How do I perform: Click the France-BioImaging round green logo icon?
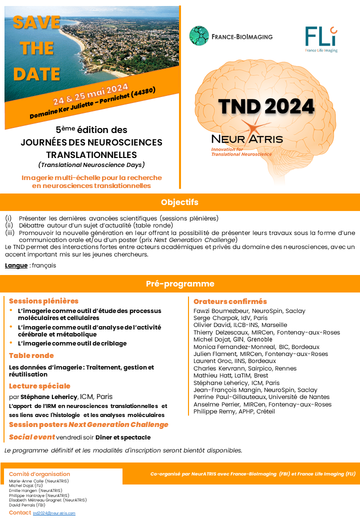(x=199, y=36)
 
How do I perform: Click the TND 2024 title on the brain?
(x=266, y=106)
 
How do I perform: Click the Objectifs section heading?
(x=180, y=202)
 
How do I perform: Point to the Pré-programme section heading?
(x=180, y=283)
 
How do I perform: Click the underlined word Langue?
(x=16, y=265)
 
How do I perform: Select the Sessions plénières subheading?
(x=43, y=301)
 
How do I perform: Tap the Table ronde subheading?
(x=31, y=355)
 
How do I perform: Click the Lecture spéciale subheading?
(x=39, y=386)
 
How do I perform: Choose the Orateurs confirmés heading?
(x=230, y=301)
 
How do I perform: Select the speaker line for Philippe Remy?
(x=234, y=411)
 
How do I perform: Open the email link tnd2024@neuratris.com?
(x=54, y=513)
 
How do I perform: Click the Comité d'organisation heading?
(x=39, y=474)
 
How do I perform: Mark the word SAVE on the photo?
(x=36, y=22)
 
